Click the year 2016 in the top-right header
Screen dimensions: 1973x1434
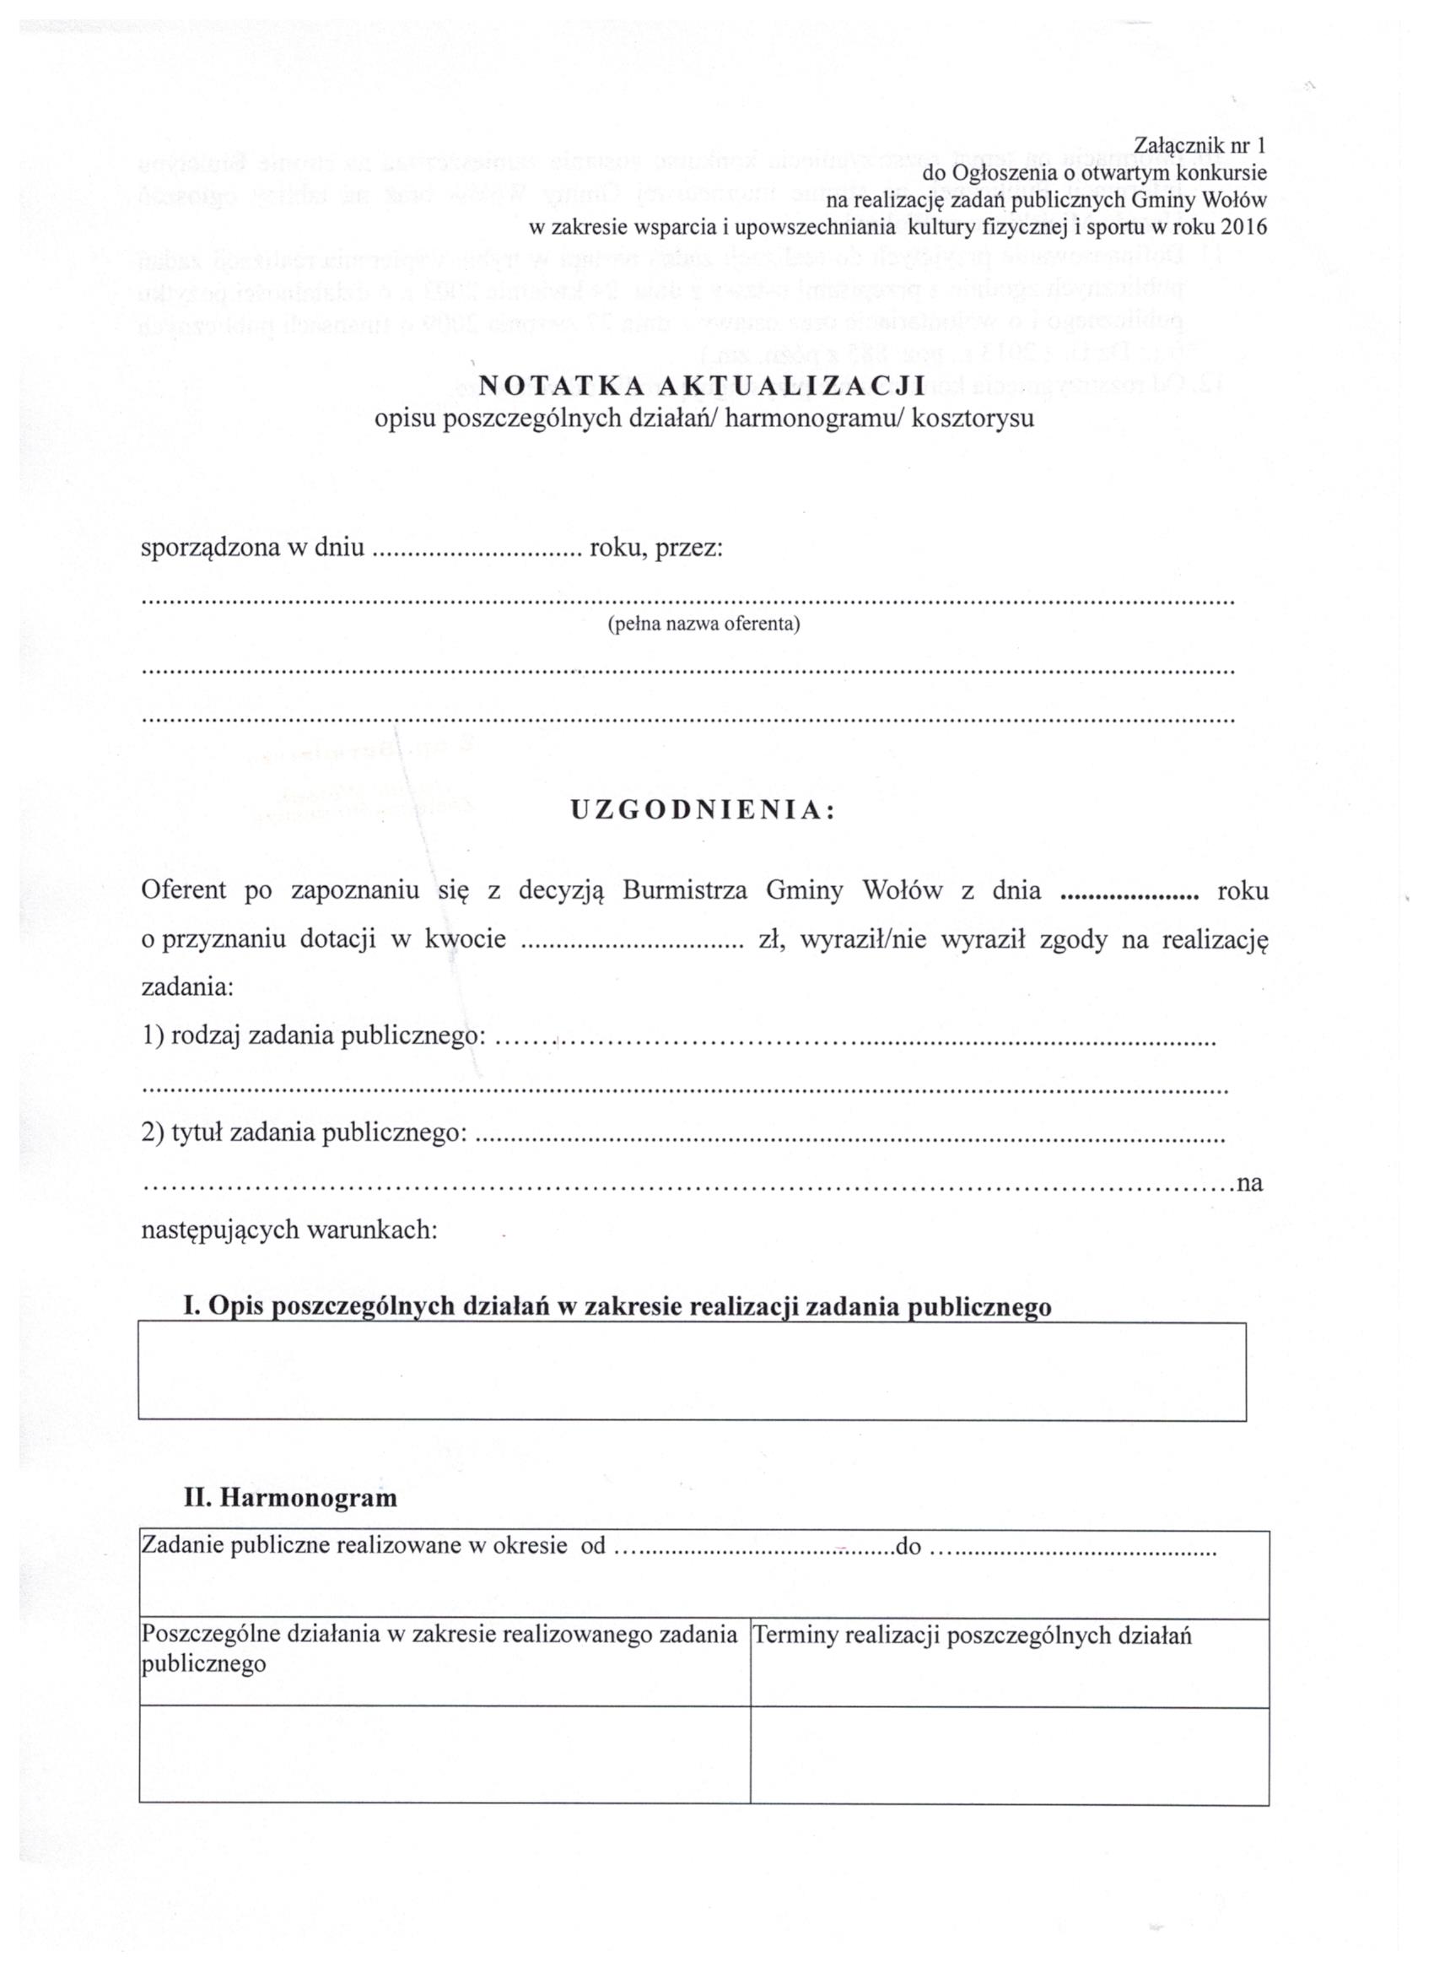tap(1243, 227)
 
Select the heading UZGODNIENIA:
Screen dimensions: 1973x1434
tap(703, 811)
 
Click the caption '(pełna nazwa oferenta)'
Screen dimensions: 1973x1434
tap(704, 624)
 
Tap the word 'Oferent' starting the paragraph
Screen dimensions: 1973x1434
tap(184, 891)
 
